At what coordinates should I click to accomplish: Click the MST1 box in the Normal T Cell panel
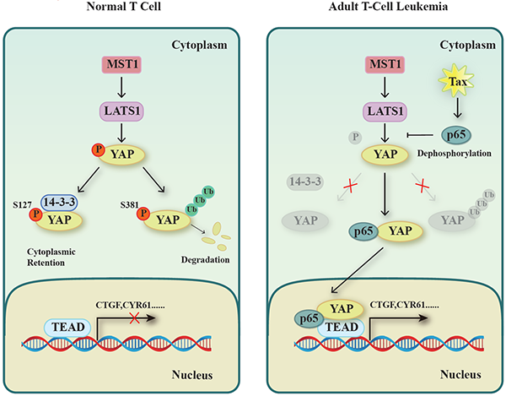[x=123, y=64]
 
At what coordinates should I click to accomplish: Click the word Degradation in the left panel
[x=206, y=263]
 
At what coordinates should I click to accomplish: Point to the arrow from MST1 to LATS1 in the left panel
[x=123, y=88]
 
